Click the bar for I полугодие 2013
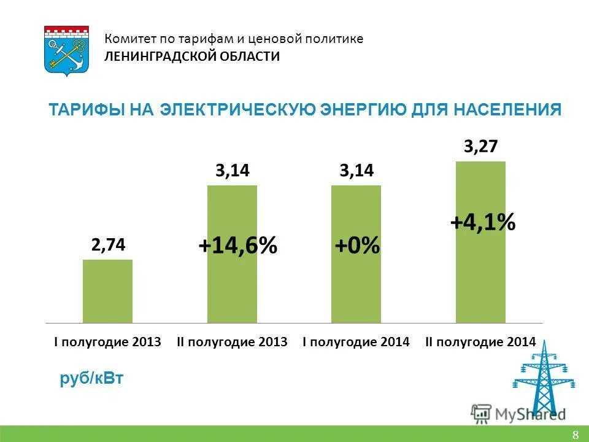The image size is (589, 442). coord(107,291)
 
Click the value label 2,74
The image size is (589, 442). coord(108,245)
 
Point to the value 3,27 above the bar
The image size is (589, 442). coord(480,147)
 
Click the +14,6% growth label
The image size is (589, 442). coord(237,246)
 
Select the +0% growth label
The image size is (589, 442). coord(356,246)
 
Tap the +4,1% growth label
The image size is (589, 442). coord(482,222)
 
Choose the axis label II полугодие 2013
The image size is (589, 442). coord(232,342)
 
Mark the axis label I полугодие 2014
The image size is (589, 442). coord(356,342)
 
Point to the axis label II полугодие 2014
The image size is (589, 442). coord(480,342)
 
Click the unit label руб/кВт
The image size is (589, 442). coord(91,379)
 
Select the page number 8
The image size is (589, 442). coord(575,435)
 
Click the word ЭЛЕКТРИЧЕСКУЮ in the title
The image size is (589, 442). coord(239,110)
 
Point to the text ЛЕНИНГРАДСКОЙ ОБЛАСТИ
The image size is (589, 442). coord(192,56)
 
